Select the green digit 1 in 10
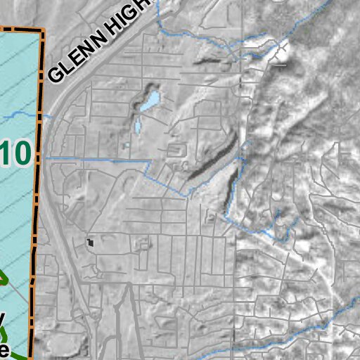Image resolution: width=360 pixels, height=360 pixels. (x=6, y=153)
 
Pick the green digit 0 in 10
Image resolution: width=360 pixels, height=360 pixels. (x=21, y=153)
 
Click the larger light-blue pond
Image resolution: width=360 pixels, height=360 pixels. (x=150, y=102)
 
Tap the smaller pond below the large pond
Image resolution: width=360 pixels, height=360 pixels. (x=138, y=127)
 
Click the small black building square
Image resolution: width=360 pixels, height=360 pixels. (x=90, y=243)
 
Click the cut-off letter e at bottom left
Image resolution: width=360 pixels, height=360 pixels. (x=4, y=350)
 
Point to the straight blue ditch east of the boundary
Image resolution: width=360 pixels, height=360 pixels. (x=98, y=160)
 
